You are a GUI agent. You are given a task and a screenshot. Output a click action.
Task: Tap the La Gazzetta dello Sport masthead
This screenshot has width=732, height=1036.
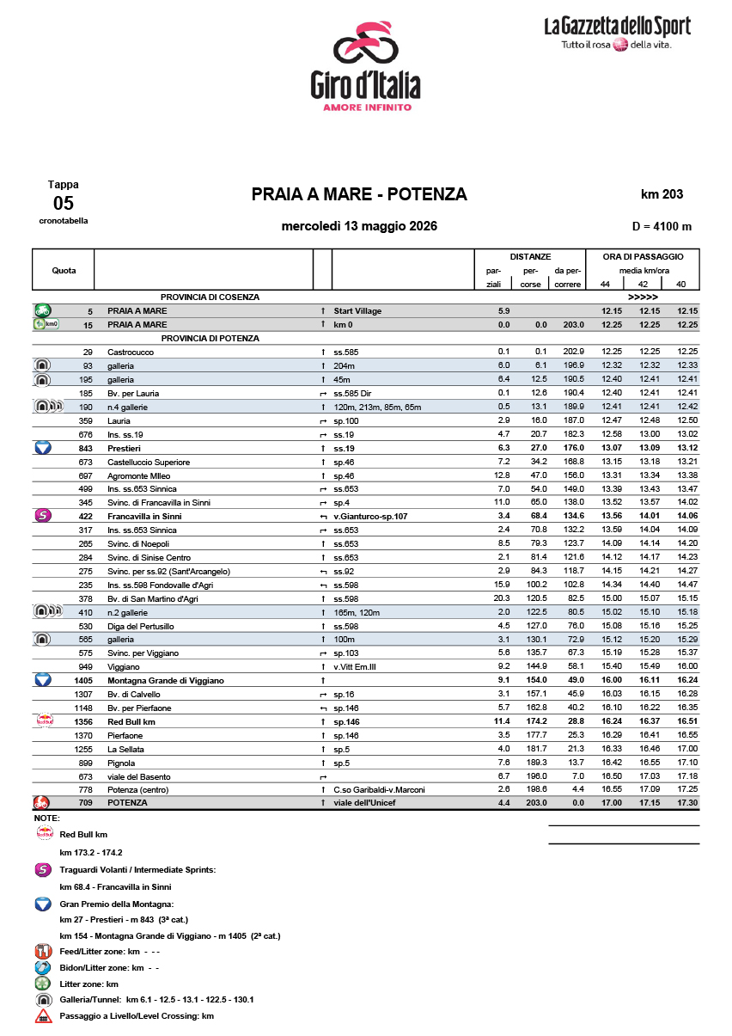(617, 34)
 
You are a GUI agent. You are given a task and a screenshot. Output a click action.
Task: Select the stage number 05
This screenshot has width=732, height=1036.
(64, 204)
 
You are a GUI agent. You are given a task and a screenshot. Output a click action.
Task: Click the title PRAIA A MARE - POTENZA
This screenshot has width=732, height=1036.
(359, 194)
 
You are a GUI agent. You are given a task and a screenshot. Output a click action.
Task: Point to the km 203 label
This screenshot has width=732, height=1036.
(662, 194)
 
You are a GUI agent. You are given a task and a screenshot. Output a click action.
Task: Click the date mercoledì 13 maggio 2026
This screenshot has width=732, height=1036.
(359, 227)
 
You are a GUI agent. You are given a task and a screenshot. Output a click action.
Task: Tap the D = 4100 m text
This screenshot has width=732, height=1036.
(661, 227)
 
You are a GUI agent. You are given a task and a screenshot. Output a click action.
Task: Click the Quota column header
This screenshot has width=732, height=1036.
(64, 270)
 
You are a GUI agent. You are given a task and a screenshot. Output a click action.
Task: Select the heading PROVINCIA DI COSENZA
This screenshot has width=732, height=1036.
(210, 297)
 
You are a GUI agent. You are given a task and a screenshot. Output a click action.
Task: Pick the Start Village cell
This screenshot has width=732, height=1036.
(359, 310)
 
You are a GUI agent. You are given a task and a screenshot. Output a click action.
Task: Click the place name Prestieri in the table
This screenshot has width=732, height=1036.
(125, 448)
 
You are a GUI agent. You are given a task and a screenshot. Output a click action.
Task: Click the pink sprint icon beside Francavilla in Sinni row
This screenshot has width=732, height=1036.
(42, 516)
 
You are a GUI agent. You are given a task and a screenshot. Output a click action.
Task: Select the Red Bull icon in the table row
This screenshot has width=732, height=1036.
(42, 720)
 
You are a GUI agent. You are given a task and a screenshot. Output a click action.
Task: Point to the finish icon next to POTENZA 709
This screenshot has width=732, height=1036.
(42, 802)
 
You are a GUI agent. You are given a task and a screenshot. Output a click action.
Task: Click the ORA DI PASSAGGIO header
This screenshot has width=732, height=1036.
(643, 256)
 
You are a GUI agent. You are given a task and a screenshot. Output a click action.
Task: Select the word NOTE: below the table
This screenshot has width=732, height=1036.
(46, 818)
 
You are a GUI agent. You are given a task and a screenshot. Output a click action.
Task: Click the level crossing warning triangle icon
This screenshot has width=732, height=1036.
(42, 1016)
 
